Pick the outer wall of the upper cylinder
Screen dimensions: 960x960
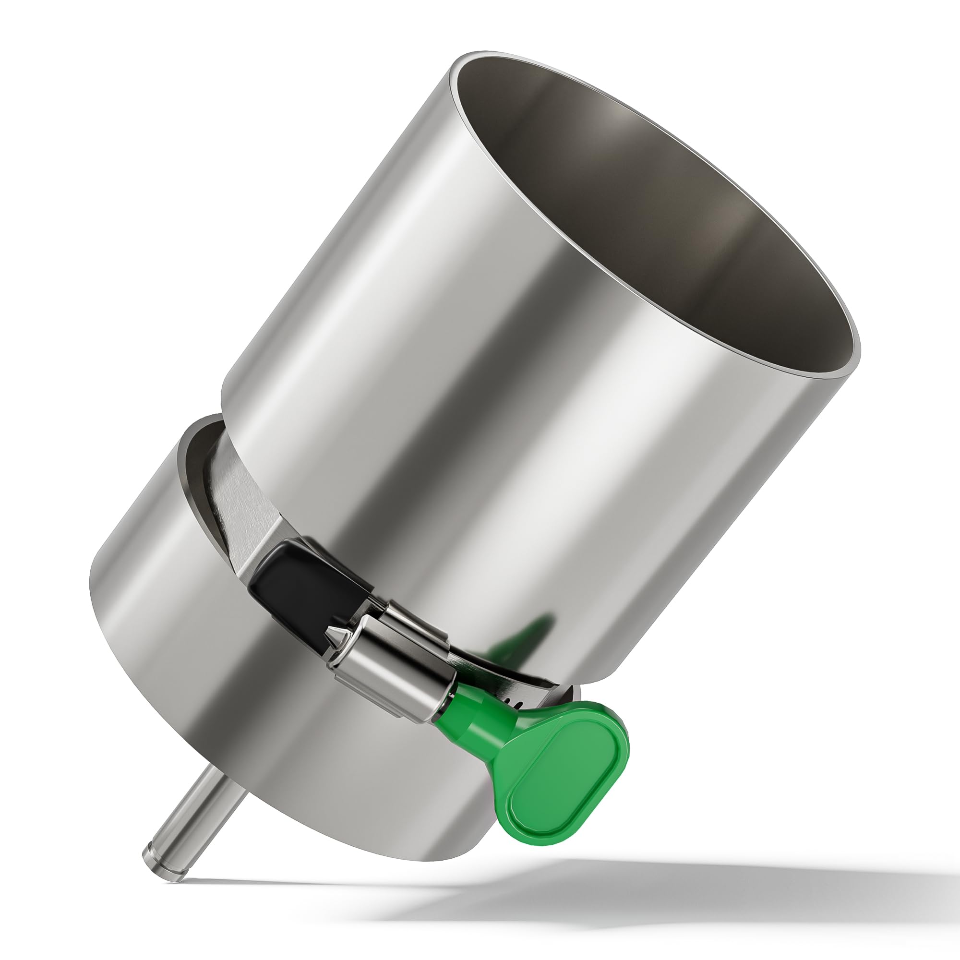447,348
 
